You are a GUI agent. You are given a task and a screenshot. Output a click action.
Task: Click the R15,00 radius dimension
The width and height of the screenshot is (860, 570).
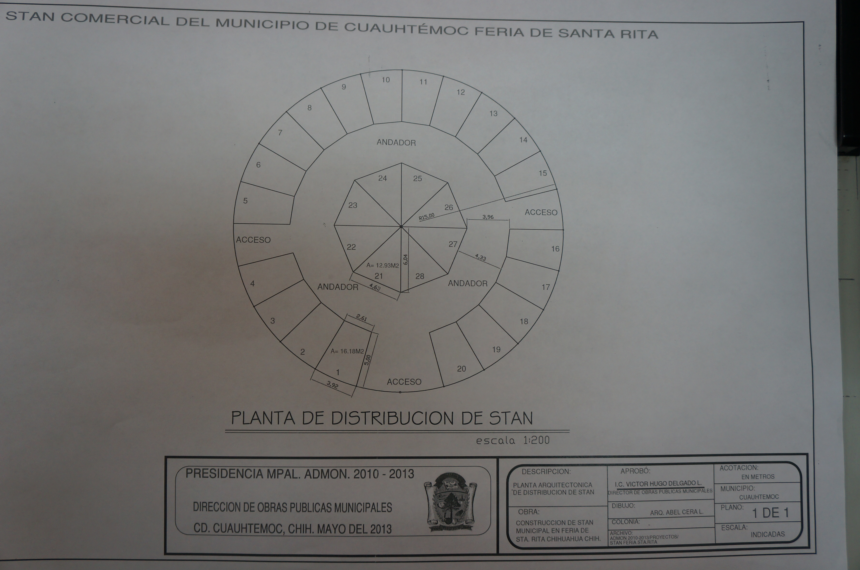tap(427, 217)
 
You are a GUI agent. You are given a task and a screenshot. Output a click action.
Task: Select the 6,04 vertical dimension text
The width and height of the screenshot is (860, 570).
tap(406, 259)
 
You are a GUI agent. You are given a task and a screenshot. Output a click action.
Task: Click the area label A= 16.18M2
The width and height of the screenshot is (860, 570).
tap(347, 351)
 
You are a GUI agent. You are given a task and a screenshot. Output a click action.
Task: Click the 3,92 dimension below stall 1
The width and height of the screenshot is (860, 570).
tap(332, 385)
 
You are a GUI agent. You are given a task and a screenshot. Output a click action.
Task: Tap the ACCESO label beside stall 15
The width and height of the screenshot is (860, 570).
tap(541, 212)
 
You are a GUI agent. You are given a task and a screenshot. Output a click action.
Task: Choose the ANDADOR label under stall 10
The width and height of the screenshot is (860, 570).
tap(396, 142)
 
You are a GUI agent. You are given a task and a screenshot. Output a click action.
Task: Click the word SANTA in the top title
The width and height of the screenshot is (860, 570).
tap(586, 33)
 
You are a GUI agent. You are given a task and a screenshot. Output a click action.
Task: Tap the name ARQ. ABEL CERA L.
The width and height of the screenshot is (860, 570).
tap(677, 512)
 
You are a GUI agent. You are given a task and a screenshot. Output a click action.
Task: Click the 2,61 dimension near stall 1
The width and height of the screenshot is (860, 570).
tap(361, 318)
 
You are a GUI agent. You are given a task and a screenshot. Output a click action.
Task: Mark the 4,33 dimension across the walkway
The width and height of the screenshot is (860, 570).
tap(480, 257)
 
